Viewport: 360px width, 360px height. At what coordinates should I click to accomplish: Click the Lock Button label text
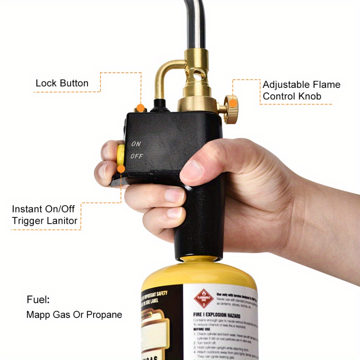pyautogui.click(x=62, y=83)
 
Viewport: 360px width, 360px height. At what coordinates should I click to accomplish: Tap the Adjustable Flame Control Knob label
pyautogui.click(x=301, y=90)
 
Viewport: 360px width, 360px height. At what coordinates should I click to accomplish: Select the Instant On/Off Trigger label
pyautogui.click(x=44, y=214)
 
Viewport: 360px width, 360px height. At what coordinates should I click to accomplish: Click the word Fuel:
pyautogui.click(x=38, y=299)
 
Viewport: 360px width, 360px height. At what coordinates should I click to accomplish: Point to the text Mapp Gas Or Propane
pyautogui.click(x=74, y=315)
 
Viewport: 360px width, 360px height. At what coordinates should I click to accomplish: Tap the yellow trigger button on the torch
pyautogui.click(x=121, y=155)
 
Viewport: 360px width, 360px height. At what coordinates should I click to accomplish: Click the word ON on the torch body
pyautogui.click(x=136, y=144)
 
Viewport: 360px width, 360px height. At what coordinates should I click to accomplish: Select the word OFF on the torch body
pyautogui.click(x=137, y=156)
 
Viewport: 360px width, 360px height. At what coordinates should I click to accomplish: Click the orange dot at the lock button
pyautogui.click(x=141, y=109)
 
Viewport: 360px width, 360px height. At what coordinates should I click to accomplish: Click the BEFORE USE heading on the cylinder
pyautogui.click(x=202, y=329)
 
